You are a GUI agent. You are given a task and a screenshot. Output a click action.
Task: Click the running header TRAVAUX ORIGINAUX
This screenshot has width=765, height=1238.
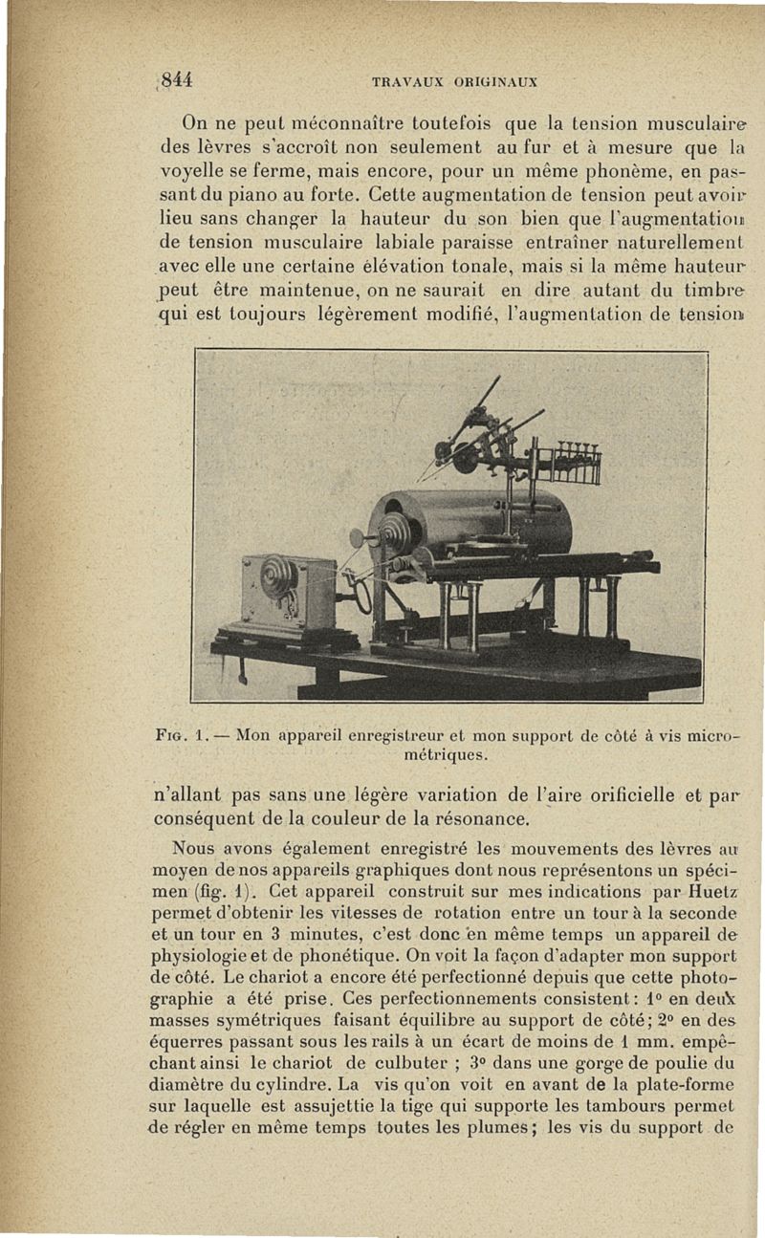click(x=454, y=81)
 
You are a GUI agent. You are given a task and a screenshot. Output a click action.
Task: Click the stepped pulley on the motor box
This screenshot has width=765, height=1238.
click(x=279, y=576)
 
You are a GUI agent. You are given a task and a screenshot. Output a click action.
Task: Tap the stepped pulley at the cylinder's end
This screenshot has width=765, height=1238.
click(x=394, y=532)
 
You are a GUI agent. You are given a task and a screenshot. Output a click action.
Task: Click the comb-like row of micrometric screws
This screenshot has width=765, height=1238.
click(x=574, y=463)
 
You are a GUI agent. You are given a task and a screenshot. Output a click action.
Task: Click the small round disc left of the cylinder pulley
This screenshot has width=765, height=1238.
click(x=358, y=538)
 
